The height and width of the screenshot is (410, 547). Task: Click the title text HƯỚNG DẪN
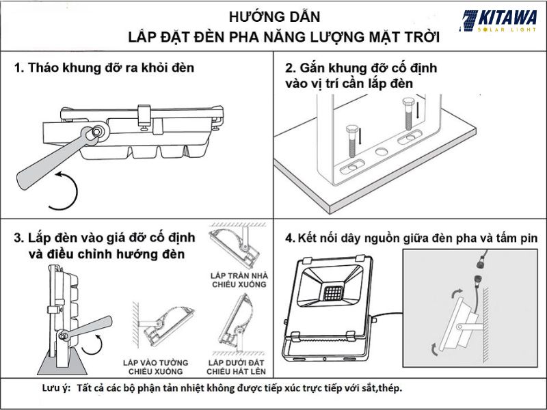[273, 16]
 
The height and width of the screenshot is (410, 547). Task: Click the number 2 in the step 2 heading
[290, 68]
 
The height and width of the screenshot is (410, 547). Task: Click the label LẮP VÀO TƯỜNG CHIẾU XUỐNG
[152, 366]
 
